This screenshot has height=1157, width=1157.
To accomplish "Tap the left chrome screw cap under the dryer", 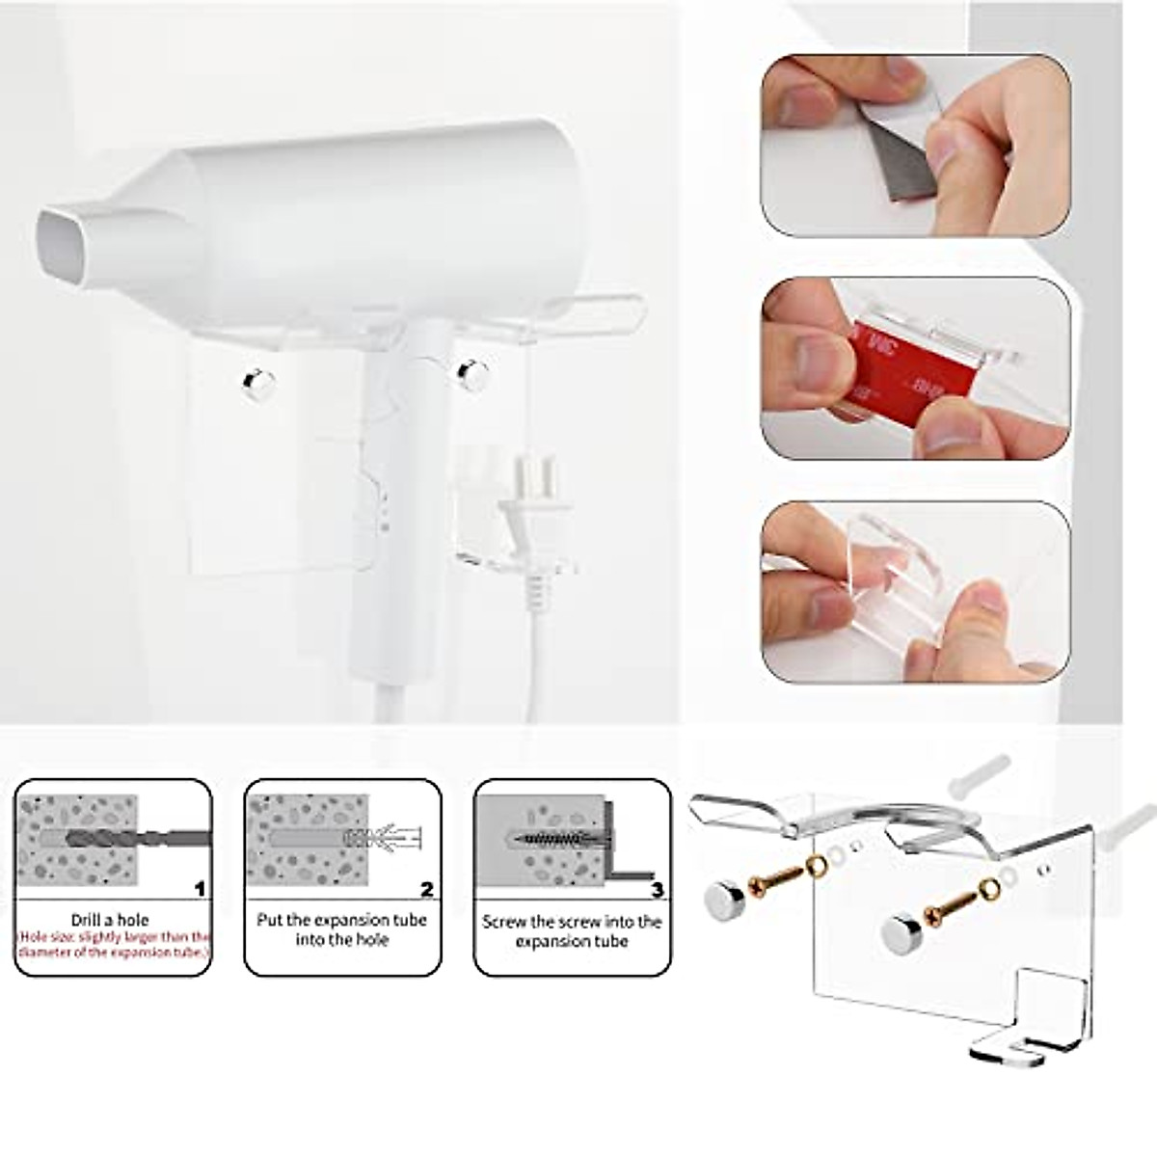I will coord(257,383).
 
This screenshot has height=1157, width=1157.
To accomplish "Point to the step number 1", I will coord(199,889).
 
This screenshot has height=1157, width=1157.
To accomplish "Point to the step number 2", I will coord(426,889).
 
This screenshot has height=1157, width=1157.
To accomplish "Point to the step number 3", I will coord(657,889).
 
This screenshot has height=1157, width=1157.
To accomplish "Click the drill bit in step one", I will coord(125,838).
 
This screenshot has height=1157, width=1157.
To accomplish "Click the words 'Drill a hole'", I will coord(110,920).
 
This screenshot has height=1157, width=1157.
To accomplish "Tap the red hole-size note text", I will coord(114,945).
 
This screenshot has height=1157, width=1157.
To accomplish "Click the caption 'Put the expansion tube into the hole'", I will coord(342,928).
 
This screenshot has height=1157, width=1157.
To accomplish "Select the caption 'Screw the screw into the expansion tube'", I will coord(572,930).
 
